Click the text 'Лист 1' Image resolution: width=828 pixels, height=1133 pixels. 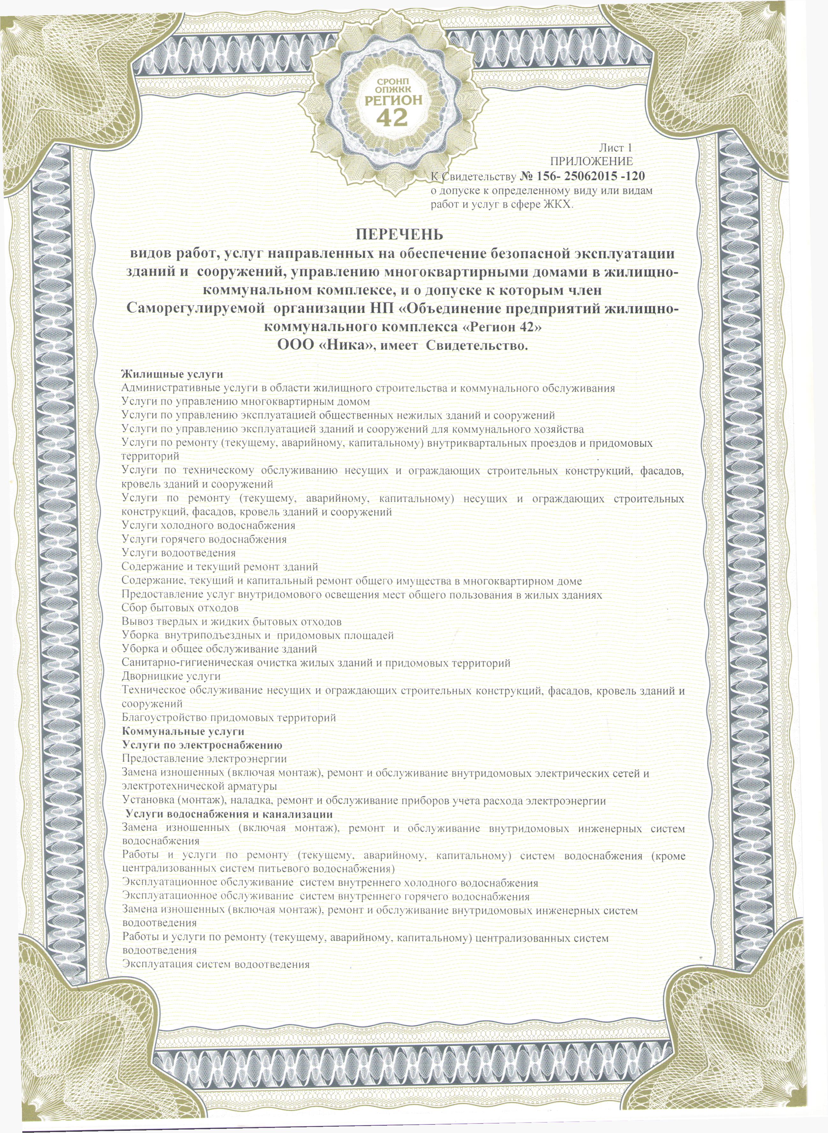coord(615,148)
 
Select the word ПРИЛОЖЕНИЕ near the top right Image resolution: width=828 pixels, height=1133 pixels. coord(591,161)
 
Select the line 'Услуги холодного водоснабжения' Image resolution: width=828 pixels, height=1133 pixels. coord(209,525)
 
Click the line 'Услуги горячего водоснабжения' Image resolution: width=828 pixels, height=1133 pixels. coord(204,539)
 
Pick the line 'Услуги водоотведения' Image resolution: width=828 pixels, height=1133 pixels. coord(179,553)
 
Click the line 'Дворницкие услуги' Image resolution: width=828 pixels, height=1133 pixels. coord(172,676)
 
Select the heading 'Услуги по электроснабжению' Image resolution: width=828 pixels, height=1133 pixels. coord(202,745)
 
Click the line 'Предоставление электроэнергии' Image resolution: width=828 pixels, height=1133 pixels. coord(204,759)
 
